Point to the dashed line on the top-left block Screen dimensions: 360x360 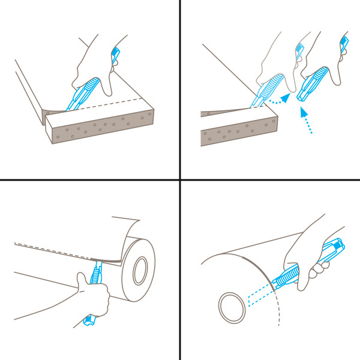[114, 103]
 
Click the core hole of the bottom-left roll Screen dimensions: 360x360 [142, 270]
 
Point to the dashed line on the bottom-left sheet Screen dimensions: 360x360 [54, 248]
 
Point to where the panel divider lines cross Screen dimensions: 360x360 [180, 179]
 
